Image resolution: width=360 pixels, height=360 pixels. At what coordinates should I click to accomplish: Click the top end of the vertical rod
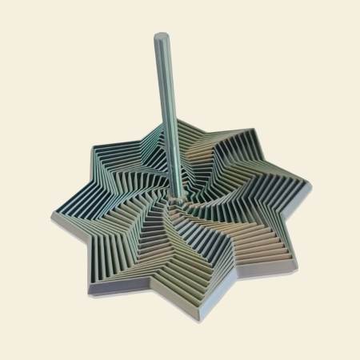coord(160,37)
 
